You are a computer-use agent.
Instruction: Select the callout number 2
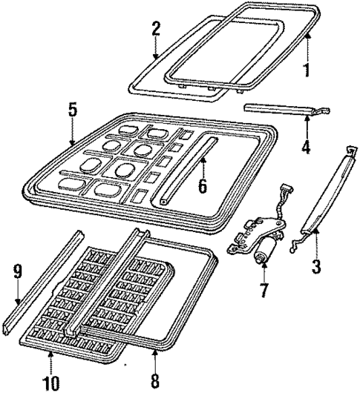point(156,29)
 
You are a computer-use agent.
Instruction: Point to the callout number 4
point(305,146)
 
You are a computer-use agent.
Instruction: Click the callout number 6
point(200,185)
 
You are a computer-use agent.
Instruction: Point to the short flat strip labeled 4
point(286,110)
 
